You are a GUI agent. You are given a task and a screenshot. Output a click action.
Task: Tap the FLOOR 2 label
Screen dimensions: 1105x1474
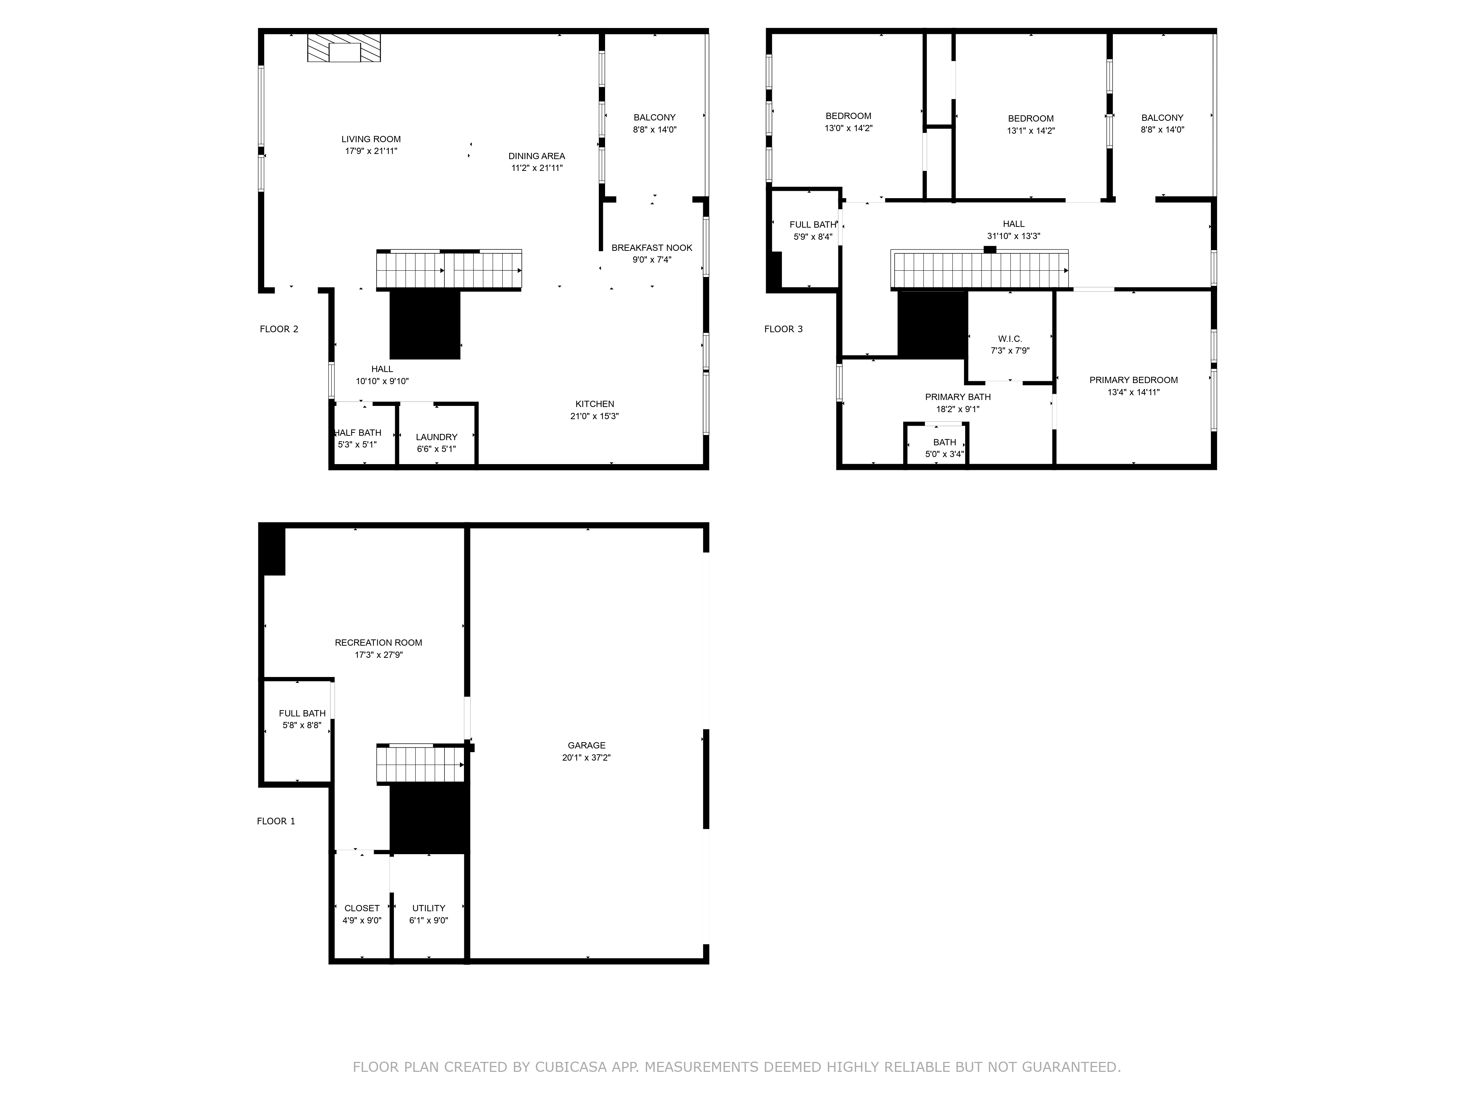pos(279,329)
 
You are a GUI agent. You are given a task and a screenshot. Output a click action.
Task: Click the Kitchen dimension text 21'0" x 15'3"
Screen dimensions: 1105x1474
pos(594,416)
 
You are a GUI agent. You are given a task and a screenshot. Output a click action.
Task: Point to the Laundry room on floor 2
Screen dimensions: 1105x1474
pos(436,442)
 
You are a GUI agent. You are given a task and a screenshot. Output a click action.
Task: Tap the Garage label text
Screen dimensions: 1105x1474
pos(586,746)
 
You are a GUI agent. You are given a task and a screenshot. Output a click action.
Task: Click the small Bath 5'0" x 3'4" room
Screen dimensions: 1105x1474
pos(944,448)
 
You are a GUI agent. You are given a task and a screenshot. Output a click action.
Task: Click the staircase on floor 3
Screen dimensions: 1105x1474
pos(979,270)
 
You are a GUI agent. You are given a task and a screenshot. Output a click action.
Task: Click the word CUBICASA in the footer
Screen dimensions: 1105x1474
pos(570,1067)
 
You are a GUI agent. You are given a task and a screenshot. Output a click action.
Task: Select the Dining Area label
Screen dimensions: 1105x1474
pos(537,156)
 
